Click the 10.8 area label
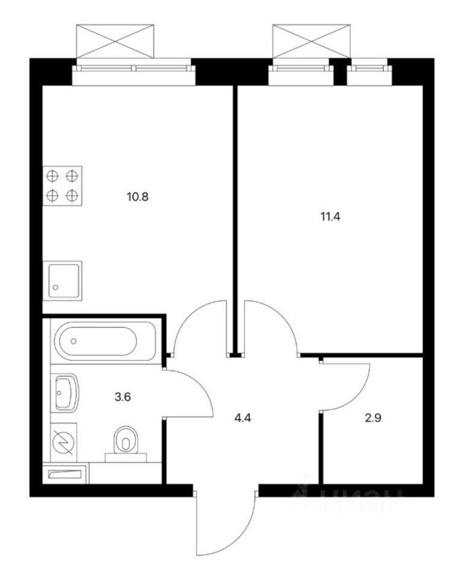coord(137,197)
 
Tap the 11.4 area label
coord(330,217)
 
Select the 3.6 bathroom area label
coord(123,397)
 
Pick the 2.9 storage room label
coord(372,418)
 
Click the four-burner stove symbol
coord(62,186)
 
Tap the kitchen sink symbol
coord(62,280)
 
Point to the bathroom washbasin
coord(67,393)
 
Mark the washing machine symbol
coord(64,442)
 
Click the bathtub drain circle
coord(74,341)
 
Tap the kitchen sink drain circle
coord(55,287)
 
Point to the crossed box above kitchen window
coord(115,41)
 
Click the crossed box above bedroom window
coord(312,41)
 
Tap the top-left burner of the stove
coord(53,176)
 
